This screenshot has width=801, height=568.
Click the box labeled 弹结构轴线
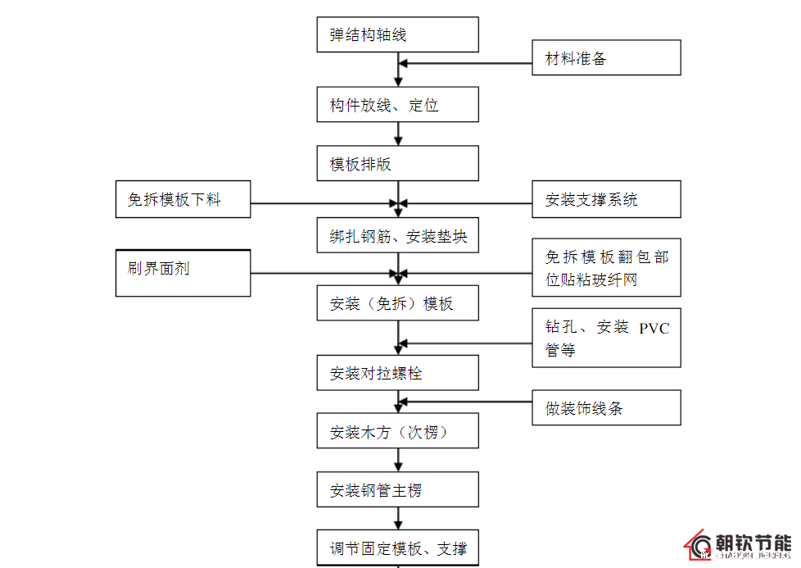click(x=397, y=35)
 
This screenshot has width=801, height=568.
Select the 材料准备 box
click(x=606, y=58)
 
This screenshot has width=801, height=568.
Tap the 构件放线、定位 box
click(x=397, y=105)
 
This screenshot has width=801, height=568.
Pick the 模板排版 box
click(x=397, y=163)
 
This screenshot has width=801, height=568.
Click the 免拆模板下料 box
click(x=183, y=199)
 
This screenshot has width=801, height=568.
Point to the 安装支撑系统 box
click(x=606, y=199)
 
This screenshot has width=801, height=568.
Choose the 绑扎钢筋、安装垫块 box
click(x=397, y=235)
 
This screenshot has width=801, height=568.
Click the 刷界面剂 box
click(x=183, y=273)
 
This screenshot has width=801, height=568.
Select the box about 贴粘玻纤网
click(x=606, y=268)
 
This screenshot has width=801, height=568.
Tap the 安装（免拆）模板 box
click(x=397, y=303)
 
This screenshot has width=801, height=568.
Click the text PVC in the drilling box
click(x=654, y=328)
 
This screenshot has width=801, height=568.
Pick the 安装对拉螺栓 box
click(x=397, y=373)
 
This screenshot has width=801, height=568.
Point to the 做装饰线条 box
click(x=606, y=407)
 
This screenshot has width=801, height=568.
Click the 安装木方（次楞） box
click(x=397, y=431)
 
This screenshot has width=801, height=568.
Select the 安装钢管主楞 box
click(x=397, y=490)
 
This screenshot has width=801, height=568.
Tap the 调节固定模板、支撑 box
click(x=397, y=548)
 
